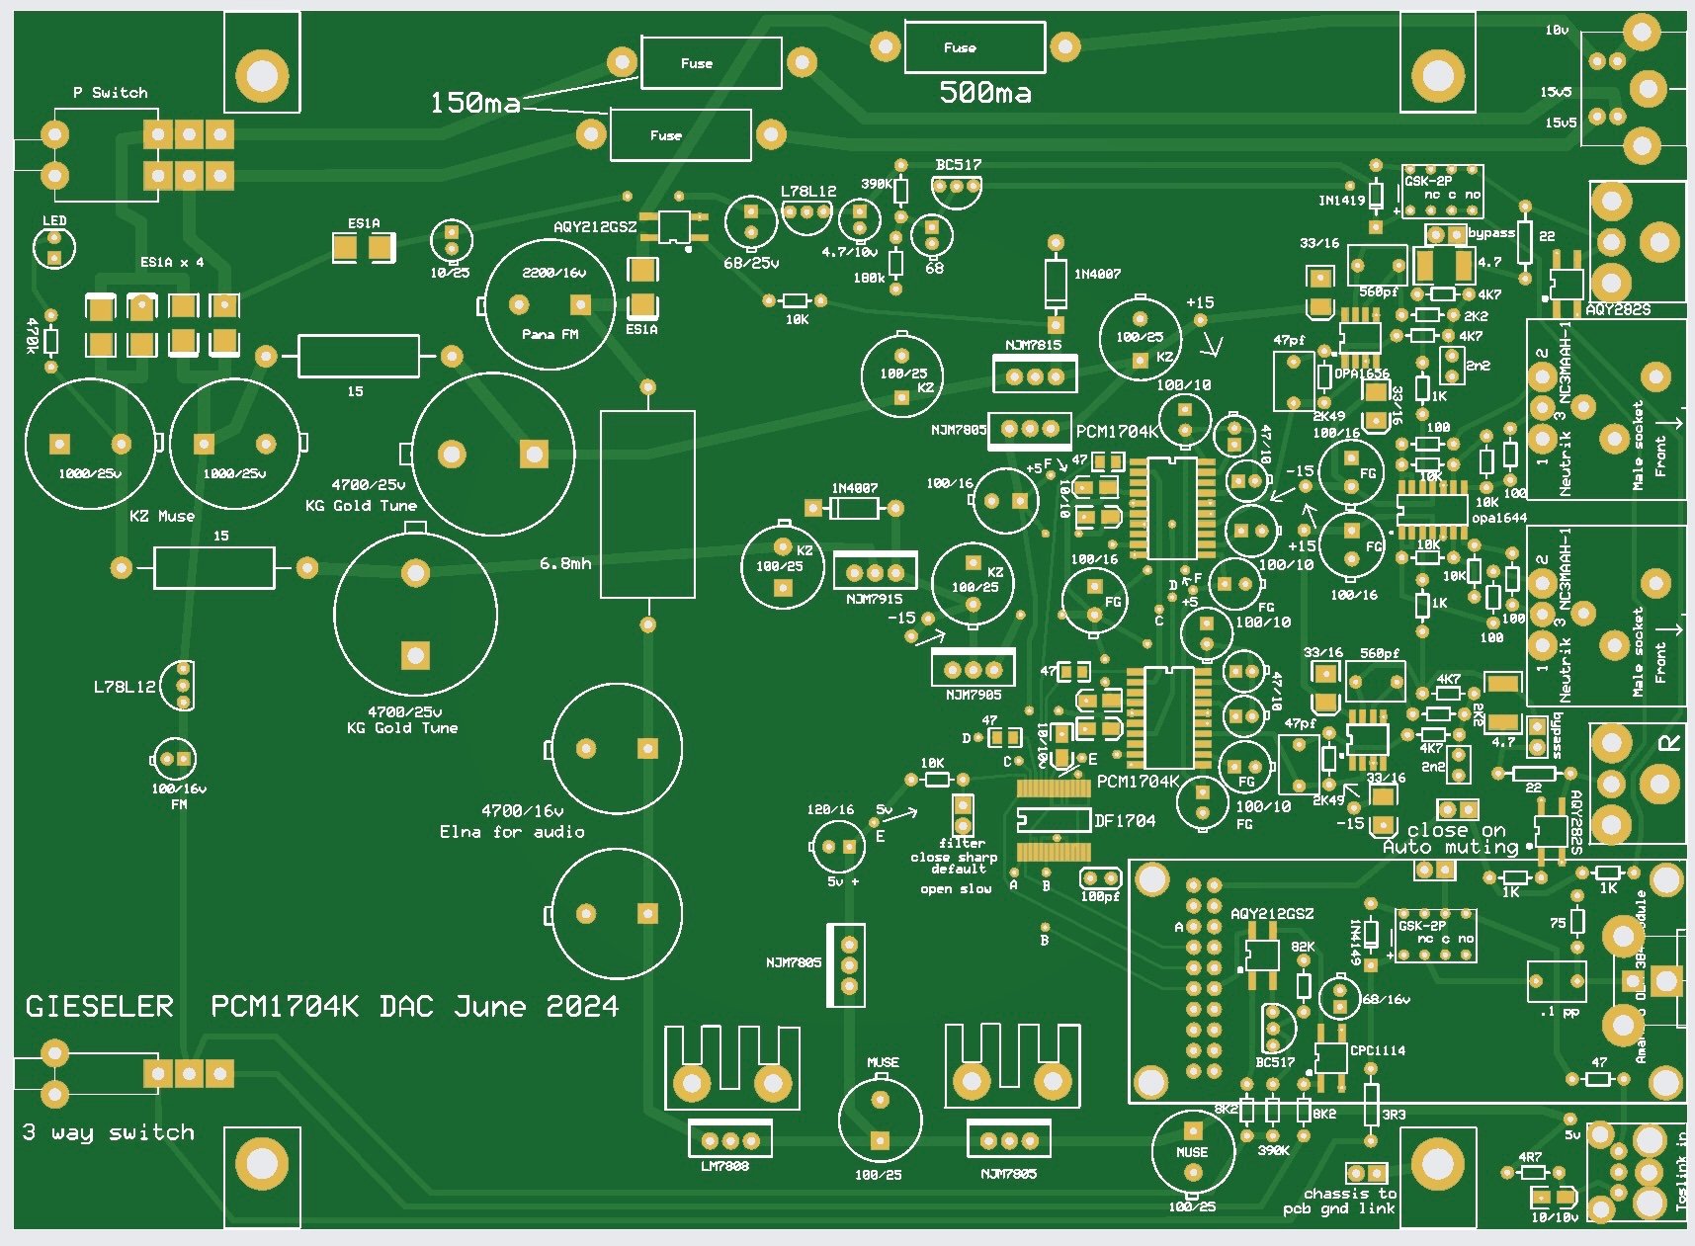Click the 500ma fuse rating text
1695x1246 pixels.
point(985,93)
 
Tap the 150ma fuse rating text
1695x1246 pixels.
point(474,103)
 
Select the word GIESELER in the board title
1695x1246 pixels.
point(99,1007)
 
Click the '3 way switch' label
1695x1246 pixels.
point(109,1132)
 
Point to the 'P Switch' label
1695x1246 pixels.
point(110,93)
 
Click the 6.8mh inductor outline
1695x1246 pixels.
point(647,504)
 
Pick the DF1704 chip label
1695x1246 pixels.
point(1125,820)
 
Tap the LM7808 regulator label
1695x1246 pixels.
point(724,1166)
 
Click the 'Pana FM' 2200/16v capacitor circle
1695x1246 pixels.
point(550,302)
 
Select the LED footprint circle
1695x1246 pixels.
point(54,247)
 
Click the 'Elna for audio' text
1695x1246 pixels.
point(512,832)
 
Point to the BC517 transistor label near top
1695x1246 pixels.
point(958,165)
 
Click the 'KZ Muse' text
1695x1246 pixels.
point(162,516)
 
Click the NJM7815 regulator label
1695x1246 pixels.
point(1033,345)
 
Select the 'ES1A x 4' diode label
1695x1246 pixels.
point(172,263)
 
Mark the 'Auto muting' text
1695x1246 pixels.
point(1450,847)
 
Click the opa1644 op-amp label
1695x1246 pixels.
point(1498,518)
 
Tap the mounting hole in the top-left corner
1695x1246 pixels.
point(262,75)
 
